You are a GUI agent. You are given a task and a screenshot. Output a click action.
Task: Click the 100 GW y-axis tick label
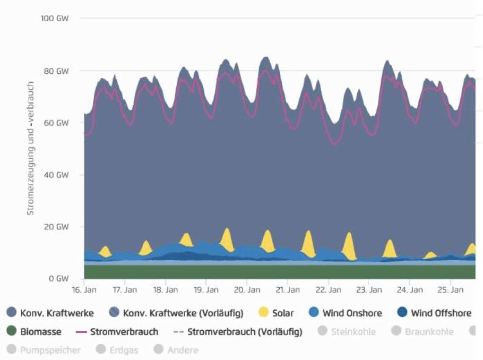pos(55,19)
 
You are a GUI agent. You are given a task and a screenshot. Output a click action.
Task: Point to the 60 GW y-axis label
pos(57,123)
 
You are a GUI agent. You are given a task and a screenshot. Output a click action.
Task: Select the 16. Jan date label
pos(84,290)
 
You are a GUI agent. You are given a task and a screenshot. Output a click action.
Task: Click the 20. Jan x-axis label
pos(246,290)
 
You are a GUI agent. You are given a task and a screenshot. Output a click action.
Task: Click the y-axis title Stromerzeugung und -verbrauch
pos(30,148)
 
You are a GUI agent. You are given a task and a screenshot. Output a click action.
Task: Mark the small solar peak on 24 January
pos(430,255)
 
